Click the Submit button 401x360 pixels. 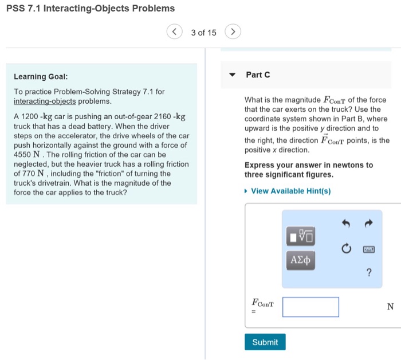(x=265, y=342)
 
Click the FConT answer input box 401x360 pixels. (x=310, y=307)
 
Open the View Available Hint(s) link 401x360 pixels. (x=290, y=191)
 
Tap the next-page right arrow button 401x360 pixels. (x=232, y=32)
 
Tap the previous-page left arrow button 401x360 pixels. (x=175, y=32)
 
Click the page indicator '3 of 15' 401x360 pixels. (x=203, y=33)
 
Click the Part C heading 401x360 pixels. (x=258, y=75)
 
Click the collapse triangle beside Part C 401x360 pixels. (x=232, y=75)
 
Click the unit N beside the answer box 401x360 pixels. (x=390, y=307)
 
